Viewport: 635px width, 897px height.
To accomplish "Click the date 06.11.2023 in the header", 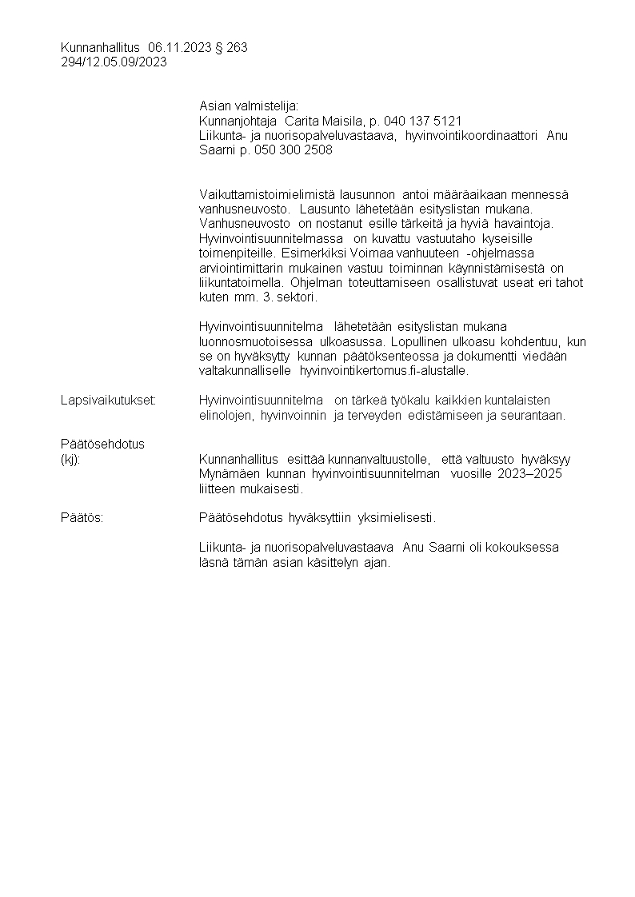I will point(180,48).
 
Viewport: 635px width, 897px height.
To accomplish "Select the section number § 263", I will point(232,48).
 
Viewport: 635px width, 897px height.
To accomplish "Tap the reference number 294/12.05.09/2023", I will point(114,62).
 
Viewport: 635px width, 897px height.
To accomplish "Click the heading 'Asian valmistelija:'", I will point(248,106).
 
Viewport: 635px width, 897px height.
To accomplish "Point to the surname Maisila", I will point(339,122).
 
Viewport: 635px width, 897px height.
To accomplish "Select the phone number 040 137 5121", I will point(423,122).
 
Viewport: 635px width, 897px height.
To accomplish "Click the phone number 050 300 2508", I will point(293,150).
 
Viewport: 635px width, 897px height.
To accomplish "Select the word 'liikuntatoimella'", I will point(236,282).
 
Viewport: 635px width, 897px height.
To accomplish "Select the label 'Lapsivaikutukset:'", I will point(108,400).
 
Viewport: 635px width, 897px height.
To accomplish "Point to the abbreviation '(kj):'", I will point(71,459).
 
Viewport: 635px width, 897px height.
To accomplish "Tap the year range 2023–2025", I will point(534,473).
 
